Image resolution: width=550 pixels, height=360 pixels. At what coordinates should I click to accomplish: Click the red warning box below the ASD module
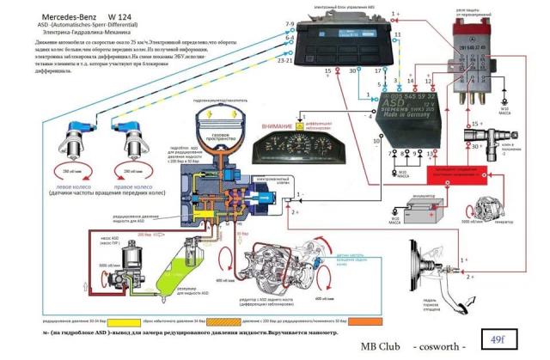click(x=459, y=175)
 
